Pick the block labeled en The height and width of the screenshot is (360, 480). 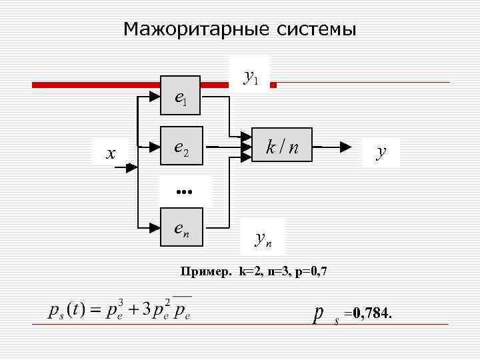(x=181, y=228)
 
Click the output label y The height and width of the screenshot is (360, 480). (x=381, y=152)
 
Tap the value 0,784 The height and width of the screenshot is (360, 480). (x=371, y=313)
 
